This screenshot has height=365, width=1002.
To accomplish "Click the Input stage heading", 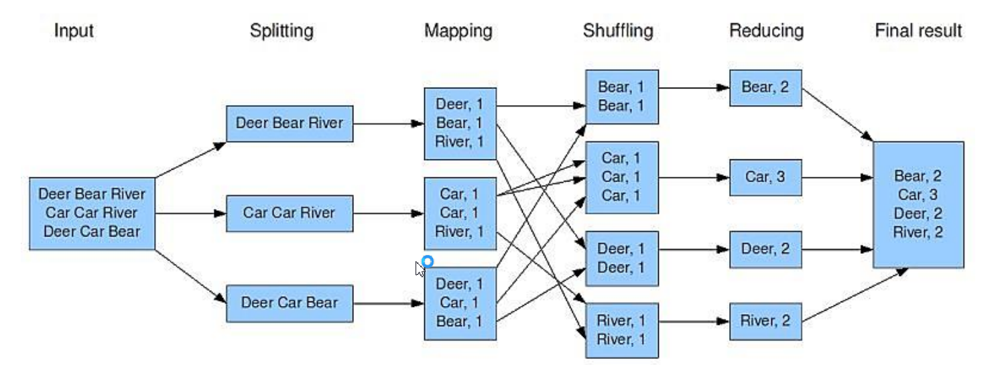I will (x=74, y=31).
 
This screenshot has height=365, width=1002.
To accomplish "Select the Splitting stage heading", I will (x=281, y=31).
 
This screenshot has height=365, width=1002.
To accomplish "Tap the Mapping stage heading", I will (x=458, y=31).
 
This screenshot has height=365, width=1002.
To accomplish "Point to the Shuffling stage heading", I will (x=618, y=31).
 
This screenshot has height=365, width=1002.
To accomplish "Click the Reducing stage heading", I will (x=766, y=31).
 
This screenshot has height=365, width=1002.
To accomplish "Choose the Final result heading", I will (x=918, y=31).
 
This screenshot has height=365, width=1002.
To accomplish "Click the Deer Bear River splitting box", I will (x=290, y=123).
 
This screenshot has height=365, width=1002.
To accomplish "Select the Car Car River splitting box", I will (x=290, y=213).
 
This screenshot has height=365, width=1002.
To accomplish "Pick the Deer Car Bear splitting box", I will (x=290, y=303).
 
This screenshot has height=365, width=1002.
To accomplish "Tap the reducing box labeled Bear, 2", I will (x=765, y=87).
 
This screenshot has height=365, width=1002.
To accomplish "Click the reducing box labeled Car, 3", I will (x=765, y=177).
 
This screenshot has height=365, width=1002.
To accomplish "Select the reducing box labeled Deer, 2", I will (x=765, y=249).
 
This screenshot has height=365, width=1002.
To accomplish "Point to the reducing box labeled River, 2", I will (x=765, y=321).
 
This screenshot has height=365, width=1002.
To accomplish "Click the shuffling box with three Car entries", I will (x=621, y=177).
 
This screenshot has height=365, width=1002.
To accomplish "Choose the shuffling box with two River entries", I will (x=621, y=330).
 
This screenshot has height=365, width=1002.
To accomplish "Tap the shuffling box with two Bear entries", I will (x=621, y=96).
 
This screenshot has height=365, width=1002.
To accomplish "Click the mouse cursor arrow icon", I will (x=420, y=269).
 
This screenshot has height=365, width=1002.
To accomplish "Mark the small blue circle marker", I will (x=428, y=261).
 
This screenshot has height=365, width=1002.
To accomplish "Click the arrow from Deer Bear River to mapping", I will (x=388, y=123).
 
